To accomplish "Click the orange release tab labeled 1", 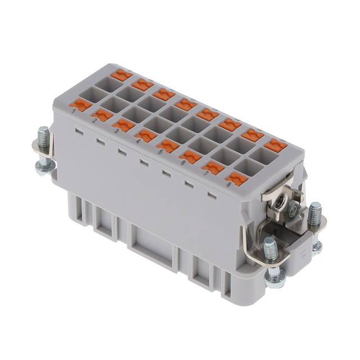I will pyautogui.click(x=82, y=105).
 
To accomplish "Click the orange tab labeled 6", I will pyautogui.click(x=191, y=156).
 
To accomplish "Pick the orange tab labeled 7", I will pyautogui.click(x=214, y=167).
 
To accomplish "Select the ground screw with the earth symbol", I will pyautogui.click(x=292, y=212).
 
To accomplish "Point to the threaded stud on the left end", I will pyautogui.click(x=43, y=137).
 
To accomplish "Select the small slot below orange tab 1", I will pyautogui.click(x=78, y=130).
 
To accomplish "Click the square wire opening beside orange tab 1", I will pyautogui.click(x=91, y=94).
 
